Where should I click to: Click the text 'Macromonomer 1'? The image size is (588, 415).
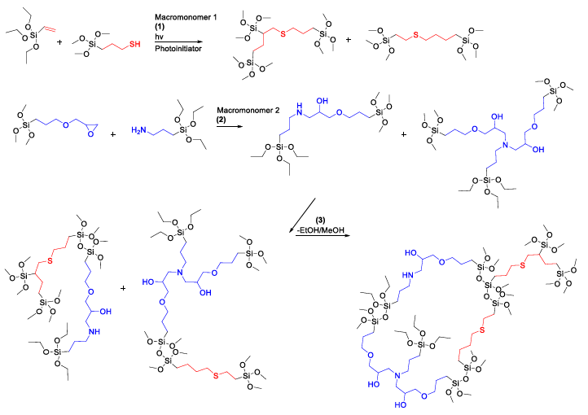186,17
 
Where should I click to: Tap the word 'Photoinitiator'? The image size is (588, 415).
178,49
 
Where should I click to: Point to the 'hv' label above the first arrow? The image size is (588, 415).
159,37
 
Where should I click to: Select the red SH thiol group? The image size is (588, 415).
134,44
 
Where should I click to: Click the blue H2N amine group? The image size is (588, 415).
138,130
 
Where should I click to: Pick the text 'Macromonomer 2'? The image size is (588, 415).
248,111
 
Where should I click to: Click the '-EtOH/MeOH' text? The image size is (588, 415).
321,230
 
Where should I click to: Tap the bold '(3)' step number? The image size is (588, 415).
320,220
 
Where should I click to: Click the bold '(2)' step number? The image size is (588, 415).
222,120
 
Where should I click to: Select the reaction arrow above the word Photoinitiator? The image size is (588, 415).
178,42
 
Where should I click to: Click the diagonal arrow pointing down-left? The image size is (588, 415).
302,216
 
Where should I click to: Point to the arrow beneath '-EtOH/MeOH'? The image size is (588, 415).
323,236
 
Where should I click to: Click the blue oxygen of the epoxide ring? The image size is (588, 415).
90,134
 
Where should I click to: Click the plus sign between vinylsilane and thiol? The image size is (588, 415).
59,42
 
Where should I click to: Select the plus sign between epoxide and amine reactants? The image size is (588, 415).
113,133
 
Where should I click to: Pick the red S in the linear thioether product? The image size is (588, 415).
415,35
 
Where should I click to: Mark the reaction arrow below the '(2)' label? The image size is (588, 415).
230,127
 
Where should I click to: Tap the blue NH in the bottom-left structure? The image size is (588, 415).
94,331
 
